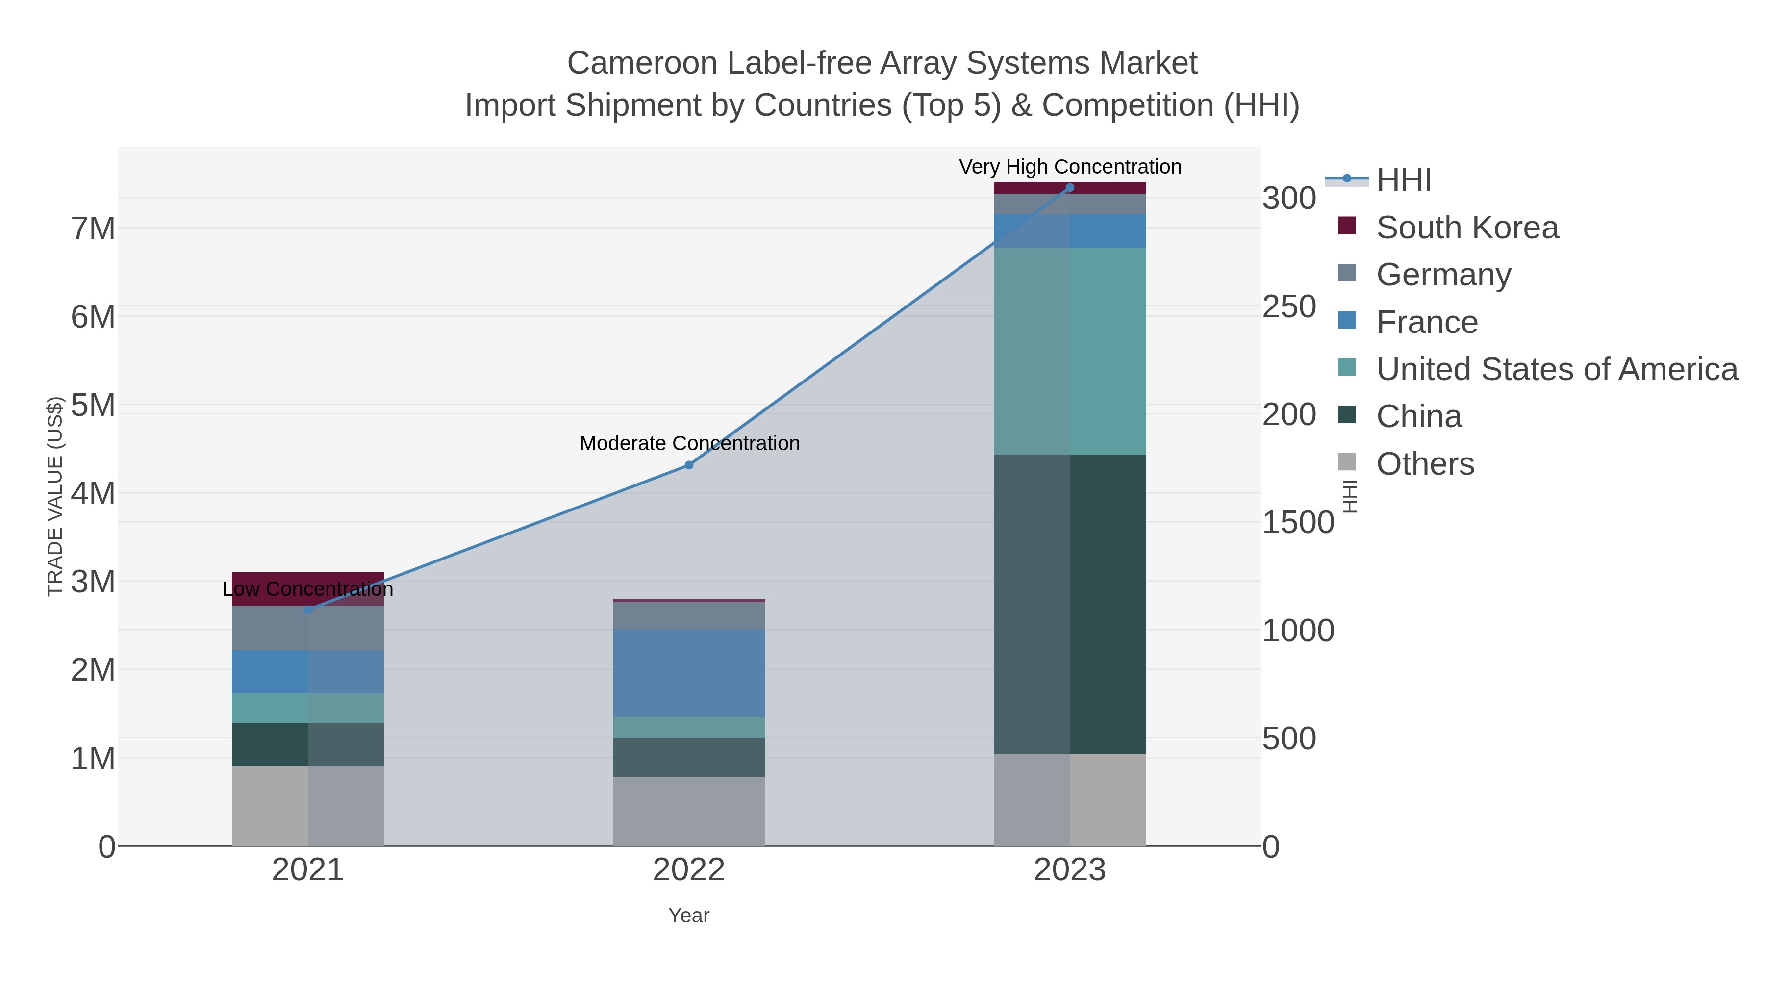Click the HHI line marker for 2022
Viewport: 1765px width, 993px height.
click(x=689, y=465)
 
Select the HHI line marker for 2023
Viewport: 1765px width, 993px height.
click(x=1070, y=188)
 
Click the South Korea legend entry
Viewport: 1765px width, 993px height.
click(x=1467, y=228)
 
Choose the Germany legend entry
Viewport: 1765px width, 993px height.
click(x=1443, y=275)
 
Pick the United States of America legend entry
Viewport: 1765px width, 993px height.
click(x=1557, y=369)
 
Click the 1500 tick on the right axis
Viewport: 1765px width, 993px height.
click(x=1298, y=523)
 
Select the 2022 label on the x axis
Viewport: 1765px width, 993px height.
click(x=689, y=870)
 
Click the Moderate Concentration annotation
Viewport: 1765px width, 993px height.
click(x=689, y=443)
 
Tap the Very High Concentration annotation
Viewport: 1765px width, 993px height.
click(x=1070, y=167)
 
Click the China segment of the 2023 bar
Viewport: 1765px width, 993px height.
click(x=1070, y=603)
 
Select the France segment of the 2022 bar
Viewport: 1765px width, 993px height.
click(x=689, y=673)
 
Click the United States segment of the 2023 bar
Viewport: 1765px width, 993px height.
click(x=1070, y=351)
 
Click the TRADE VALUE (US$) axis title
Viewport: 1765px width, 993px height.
click(x=55, y=496)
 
